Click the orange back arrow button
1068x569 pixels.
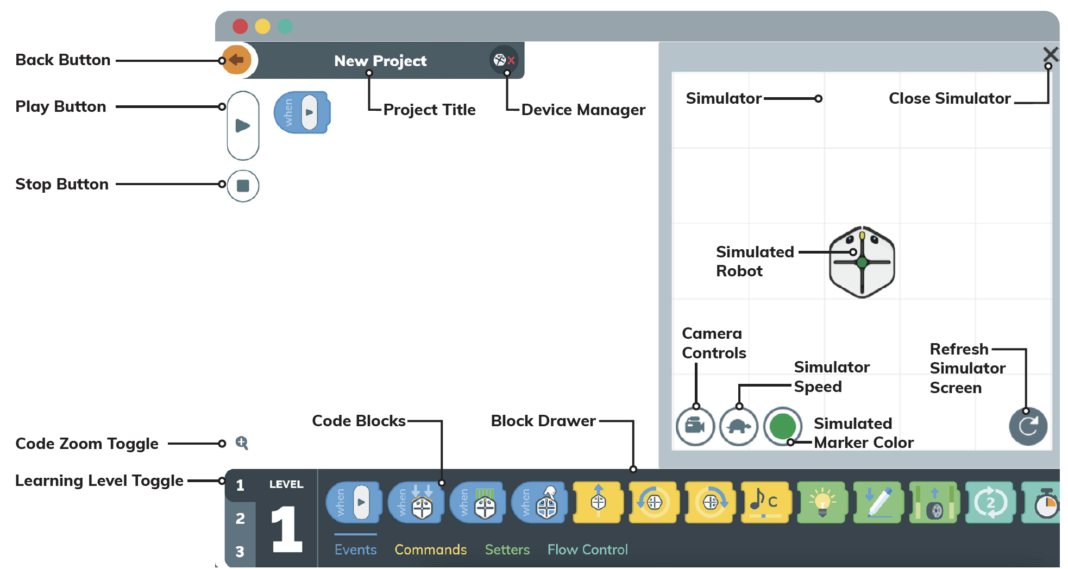[237, 60]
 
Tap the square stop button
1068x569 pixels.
[243, 186]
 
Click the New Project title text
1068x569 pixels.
[380, 61]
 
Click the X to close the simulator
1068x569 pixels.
[1051, 54]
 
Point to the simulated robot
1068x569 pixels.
[862, 262]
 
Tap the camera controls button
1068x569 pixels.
[695, 426]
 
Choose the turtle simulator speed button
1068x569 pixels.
[739, 426]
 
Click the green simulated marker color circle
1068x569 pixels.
[783, 426]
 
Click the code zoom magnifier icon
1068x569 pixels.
[242, 443]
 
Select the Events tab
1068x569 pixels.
[355, 549]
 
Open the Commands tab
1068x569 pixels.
[430, 549]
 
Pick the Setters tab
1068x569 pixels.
[507, 549]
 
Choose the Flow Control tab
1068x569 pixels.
[587, 549]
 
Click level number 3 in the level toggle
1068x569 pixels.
[240, 552]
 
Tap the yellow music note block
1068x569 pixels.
[765, 502]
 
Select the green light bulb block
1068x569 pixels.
[821, 502]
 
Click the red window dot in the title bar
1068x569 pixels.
[240, 26]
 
